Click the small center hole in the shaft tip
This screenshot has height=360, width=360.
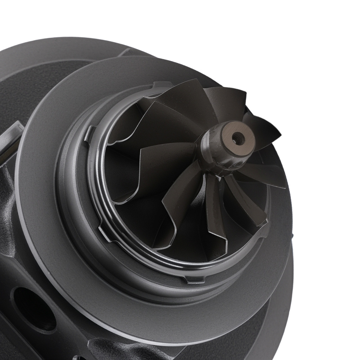tap(237, 136)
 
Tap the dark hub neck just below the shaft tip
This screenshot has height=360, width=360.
tap(216, 158)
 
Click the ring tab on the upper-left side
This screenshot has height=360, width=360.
tap(90, 133)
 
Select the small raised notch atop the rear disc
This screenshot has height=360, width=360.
tap(130, 52)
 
